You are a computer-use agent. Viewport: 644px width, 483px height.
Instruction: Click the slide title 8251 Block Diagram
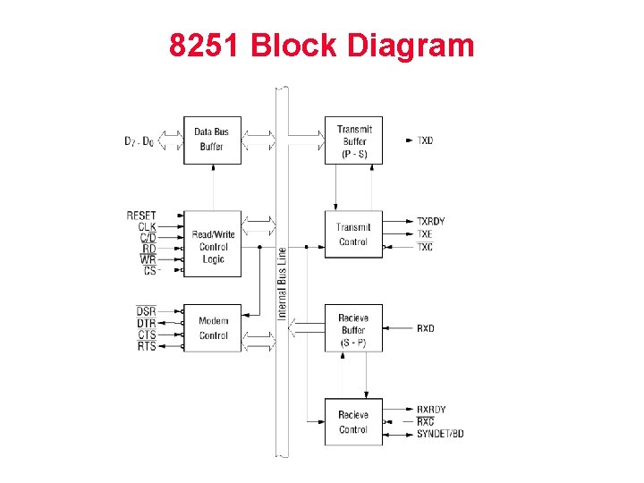321,46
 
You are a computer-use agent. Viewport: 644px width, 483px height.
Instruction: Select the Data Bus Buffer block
212,140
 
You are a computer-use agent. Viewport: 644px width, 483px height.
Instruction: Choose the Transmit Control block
353,234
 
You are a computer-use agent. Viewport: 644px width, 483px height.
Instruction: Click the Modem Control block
213,328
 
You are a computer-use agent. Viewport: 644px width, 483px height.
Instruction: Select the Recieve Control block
353,422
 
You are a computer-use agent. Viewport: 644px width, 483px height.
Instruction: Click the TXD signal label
425,140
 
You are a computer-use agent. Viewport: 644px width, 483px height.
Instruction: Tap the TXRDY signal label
430,221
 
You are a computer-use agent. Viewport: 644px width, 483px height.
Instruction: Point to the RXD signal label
426,328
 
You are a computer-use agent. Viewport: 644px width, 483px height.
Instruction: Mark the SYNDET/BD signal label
440,435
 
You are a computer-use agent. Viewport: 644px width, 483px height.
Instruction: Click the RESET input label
141,216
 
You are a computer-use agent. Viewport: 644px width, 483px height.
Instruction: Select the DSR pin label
146,310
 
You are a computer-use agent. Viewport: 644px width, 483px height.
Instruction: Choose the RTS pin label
147,346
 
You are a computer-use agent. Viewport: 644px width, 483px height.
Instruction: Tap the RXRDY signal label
431,410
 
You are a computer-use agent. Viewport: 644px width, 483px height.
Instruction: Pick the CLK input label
147,226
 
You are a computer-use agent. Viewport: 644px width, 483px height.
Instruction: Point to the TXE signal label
425,234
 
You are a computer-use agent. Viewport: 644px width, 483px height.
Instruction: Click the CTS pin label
147,335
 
